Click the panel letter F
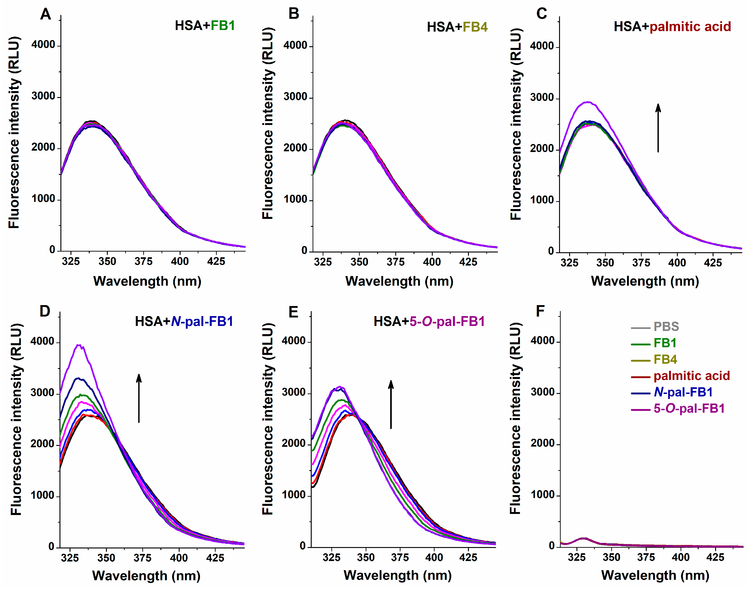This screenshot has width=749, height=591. click(540, 311)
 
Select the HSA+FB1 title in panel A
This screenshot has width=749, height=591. click(205, 26)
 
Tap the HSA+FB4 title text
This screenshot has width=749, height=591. click(457, 27)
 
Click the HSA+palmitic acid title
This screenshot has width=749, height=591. click(672, 27)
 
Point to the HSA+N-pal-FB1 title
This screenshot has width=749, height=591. click(184, 321)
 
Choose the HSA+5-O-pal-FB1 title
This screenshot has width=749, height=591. click(429, 321)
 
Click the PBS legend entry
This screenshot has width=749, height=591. click(666, 327)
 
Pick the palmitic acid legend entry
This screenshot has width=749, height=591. click(691, 376)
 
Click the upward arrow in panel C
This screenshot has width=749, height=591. click(658, 128)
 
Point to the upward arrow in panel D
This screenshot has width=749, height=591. click(139, 398)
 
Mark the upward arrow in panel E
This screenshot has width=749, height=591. click(391, 404)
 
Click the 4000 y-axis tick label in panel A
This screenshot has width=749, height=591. click(43, 45)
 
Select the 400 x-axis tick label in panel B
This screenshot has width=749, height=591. click(432, 262)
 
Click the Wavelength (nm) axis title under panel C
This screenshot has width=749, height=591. click(645, 281)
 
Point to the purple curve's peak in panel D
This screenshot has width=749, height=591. click(79, 345)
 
